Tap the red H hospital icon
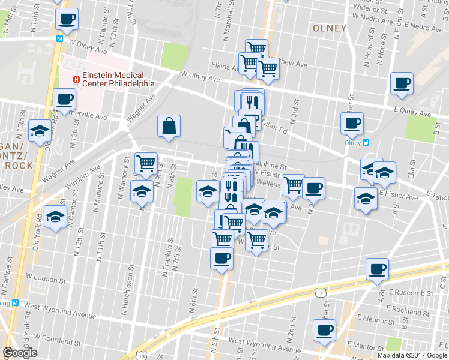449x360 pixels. click(76, 79)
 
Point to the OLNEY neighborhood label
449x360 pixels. click(330, 28)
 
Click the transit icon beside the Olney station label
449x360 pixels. click(366, 143)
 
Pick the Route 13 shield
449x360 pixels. click(142, 355)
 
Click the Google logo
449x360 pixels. click(20, 353)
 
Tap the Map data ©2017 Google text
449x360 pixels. click(412, 355)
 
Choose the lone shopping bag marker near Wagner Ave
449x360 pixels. click(169, 126)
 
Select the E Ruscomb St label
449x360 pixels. click(411, 293)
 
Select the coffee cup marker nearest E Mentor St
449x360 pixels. click(325, 329)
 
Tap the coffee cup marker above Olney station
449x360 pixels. click(352, 123)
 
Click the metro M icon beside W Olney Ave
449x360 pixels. click(60, 38)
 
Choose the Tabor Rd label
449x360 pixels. click(275, 126)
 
